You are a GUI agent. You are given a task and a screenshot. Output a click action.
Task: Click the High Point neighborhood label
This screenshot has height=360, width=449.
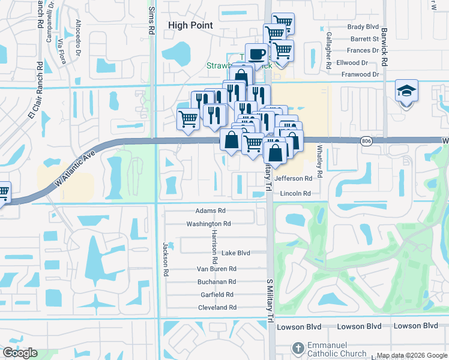coord(190,25)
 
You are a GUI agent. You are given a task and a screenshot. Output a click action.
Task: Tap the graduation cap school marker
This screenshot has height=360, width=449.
coord(406,91)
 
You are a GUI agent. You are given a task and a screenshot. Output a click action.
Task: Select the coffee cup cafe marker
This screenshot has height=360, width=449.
coord(256,54)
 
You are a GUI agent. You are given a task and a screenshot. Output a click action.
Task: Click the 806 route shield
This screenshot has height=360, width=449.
coord(366,141)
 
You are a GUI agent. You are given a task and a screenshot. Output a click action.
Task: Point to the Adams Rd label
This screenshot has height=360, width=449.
coord(210,211)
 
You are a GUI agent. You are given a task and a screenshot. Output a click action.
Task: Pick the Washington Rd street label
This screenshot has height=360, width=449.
coord(208,224)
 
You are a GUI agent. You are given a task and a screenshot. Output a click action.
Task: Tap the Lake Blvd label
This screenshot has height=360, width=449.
coord(236,253)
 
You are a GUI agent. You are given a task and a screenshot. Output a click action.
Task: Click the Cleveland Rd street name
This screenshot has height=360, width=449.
coord(217,307)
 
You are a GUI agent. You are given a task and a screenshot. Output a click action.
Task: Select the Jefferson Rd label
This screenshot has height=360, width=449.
coord(293,179)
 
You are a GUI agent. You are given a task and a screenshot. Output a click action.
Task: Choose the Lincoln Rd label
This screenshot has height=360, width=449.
coord(295,194)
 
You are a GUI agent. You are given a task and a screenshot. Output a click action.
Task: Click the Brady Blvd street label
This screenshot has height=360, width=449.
coord(363,27)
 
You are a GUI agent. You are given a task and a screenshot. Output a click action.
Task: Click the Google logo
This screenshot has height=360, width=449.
coord(20,353)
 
